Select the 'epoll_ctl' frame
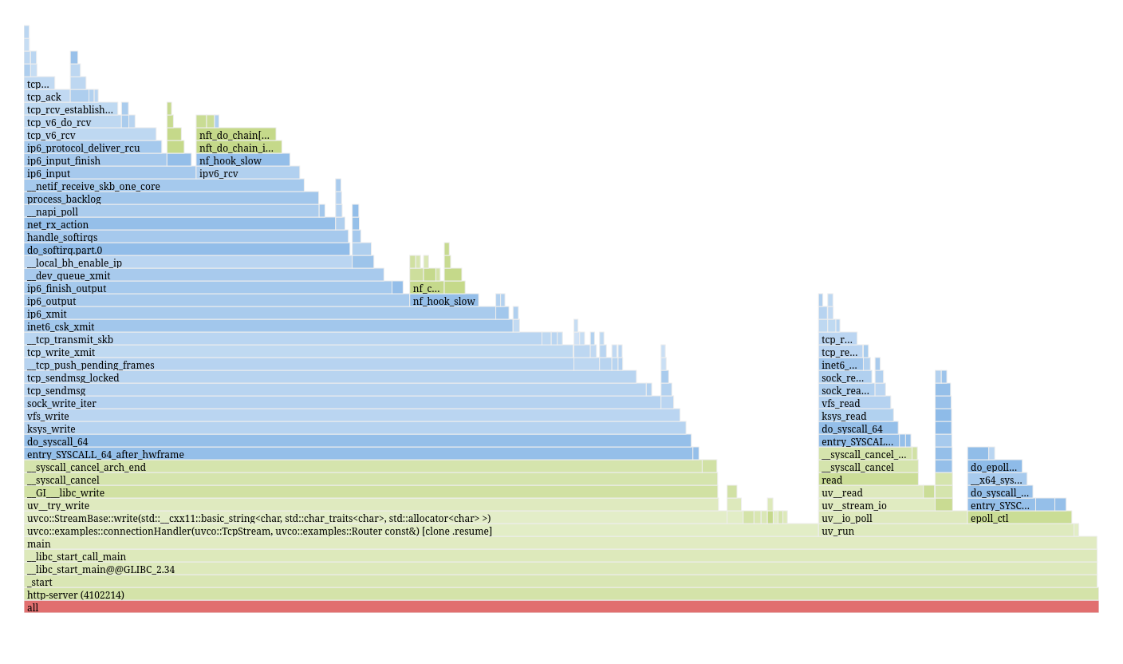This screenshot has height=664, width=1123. tap(1019, 518)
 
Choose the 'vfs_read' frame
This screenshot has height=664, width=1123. tap(854, 403)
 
